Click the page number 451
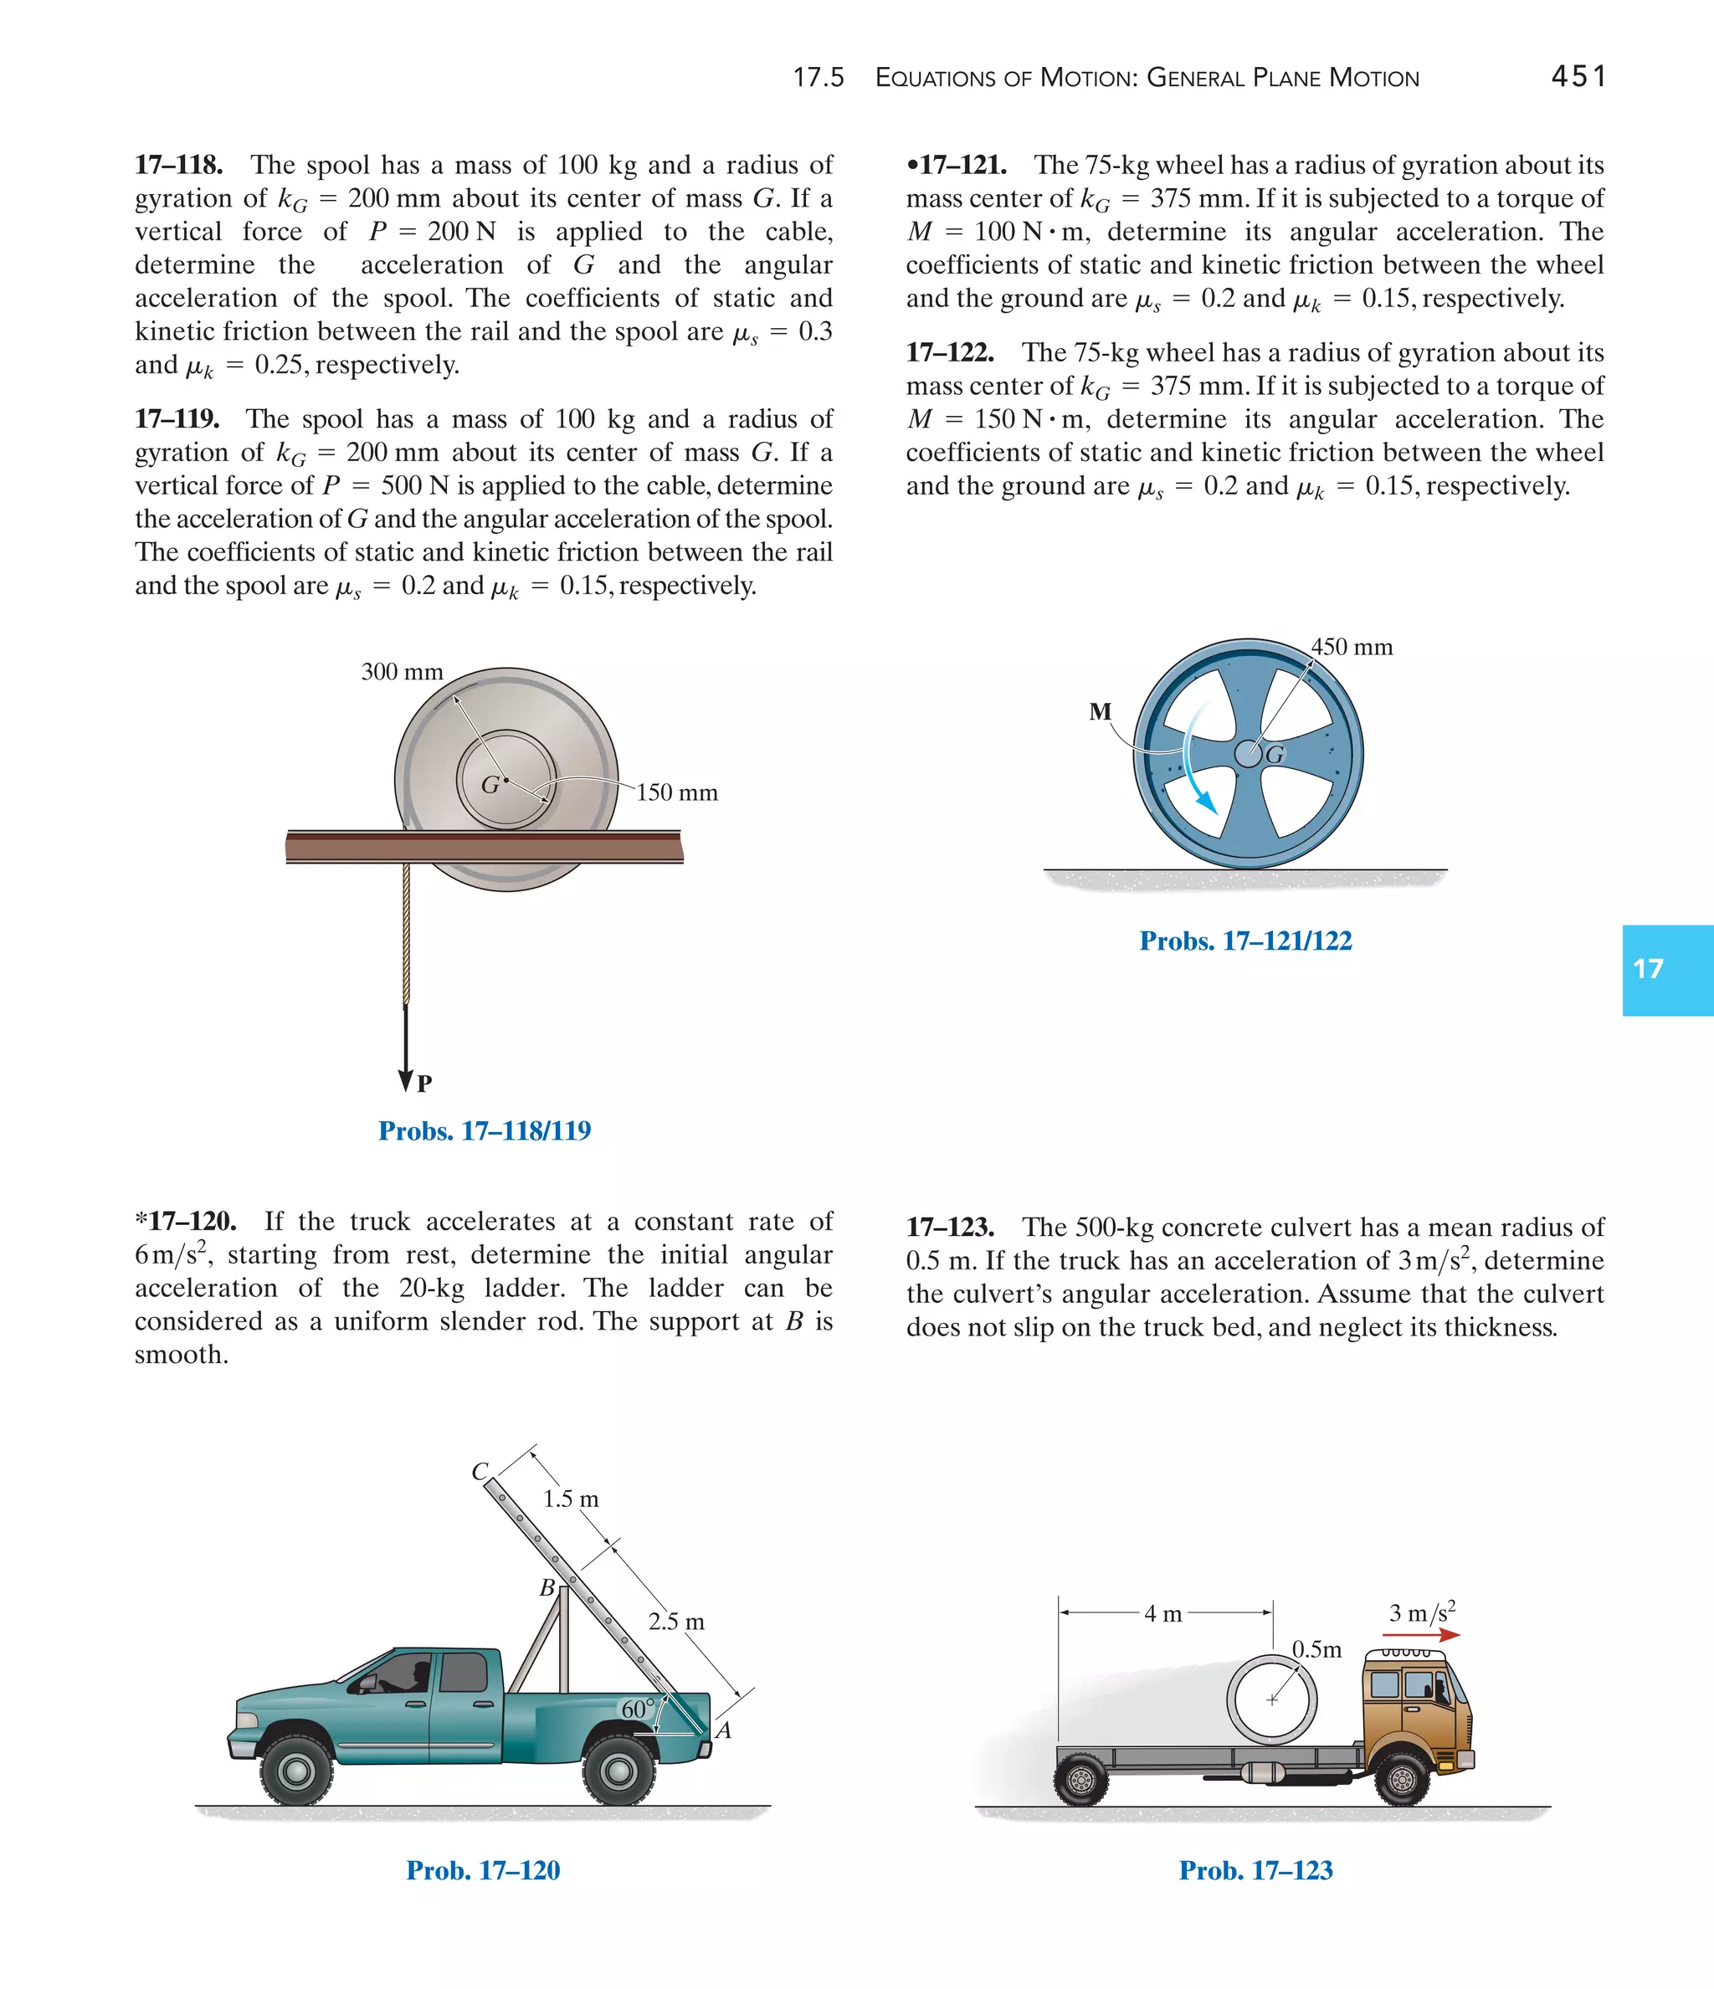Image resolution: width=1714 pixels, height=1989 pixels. [x=1578, y=76]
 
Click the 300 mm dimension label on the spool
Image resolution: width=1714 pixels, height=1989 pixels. [x=402, y=672]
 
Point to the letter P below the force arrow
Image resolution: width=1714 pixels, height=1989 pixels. [x=424, y=1084]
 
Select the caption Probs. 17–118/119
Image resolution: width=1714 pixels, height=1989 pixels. [x=484, y=1130]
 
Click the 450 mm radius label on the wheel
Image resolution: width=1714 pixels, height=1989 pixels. [x=1352, y=647]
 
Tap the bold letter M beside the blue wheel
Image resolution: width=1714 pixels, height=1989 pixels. [x=1100, y=711]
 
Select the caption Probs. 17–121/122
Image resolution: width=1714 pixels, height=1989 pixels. [x=1245, y=941]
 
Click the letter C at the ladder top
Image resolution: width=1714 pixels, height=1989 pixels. [x=480, y=1472]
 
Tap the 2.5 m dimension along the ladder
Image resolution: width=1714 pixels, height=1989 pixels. [x=676, y=1622]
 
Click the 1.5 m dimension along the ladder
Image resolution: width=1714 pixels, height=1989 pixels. [x=571, y=1499]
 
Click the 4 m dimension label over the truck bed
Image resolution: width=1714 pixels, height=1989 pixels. [x=1162, y=1613]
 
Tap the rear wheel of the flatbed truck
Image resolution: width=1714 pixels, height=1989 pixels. [x=1081, y=1781]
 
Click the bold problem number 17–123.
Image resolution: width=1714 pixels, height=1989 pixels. [x=950, y=1227]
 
